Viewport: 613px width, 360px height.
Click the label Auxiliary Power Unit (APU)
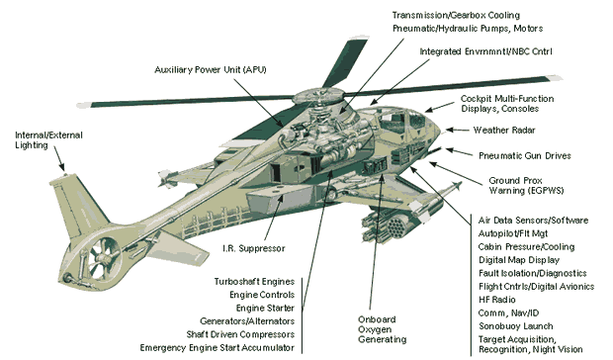point(211,70)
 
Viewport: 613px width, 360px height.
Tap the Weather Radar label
point(504,131)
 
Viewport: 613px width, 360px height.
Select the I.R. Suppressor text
point(254,248)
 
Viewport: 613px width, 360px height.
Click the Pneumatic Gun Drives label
point(525,156)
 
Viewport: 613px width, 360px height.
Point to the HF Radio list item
point(497,300)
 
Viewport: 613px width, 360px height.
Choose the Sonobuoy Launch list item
point(516,326)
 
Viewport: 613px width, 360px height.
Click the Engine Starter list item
point(265,308)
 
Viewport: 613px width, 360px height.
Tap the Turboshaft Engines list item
point(254,282)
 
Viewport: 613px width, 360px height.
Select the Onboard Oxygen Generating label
point(382,329)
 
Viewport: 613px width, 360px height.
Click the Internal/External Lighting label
point(48,140)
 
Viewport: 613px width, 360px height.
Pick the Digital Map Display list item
point(519,260)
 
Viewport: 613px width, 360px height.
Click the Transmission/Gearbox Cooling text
point(456,15)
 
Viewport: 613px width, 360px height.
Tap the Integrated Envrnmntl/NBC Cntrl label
point(485,51)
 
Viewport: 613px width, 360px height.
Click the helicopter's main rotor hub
point(317,96)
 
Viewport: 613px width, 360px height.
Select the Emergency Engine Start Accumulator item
point(217,348)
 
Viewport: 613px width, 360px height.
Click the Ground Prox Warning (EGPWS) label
point(526,186)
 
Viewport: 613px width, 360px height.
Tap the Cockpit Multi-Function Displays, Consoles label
point(507,104)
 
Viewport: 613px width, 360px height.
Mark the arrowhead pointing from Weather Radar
point(449,130)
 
